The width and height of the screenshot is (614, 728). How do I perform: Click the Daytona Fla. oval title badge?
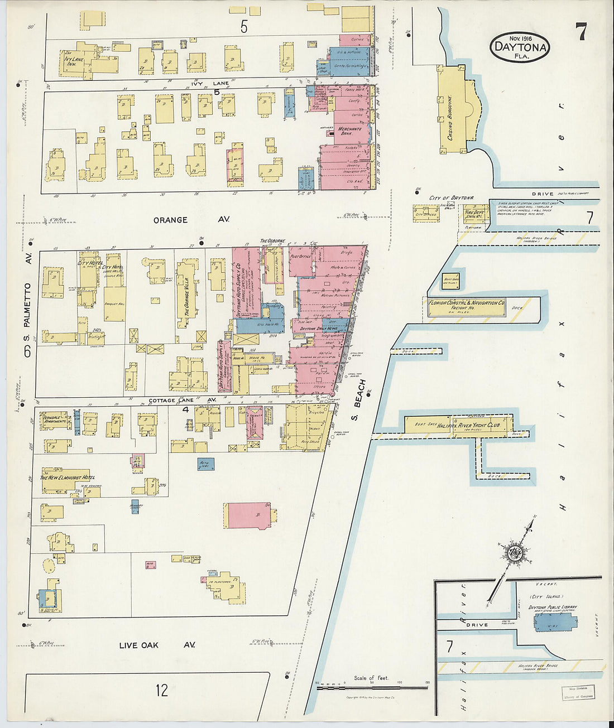coord(520,47)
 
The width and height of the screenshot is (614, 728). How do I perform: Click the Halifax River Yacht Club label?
coord(468,426)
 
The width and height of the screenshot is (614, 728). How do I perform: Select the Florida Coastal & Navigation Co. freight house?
coord(466,306)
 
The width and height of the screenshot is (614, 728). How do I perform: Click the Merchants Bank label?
coord(349,131)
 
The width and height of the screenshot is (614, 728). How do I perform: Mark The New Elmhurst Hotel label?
coord(67,478)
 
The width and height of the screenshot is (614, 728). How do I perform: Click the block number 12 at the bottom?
coord(162,691)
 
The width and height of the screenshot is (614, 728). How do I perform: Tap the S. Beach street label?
coord(359,400)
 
